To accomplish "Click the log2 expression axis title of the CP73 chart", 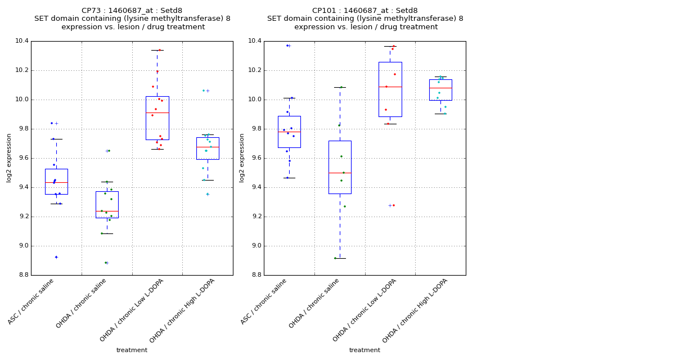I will tap(9, 158).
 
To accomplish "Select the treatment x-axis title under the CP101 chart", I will tap(364, 350).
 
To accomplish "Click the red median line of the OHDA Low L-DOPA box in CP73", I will tap(157, 112).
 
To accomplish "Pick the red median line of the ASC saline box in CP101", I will tap(289, 132).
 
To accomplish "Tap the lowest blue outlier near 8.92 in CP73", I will tap(56, 257).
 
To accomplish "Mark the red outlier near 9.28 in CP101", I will tap(393, 205).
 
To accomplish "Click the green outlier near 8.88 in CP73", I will tap(105, 263).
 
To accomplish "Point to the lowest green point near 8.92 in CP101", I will tap(335, 258).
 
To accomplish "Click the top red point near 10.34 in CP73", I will tap(159, 50).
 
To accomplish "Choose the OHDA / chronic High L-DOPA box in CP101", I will tap(440, 90).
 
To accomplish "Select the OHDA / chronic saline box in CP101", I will tap(340, 167).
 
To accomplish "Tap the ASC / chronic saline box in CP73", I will tap(56, 181).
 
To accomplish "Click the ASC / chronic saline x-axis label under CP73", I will tap(32, 301).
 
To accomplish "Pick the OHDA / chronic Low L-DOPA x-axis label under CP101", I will tap(365, 309).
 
